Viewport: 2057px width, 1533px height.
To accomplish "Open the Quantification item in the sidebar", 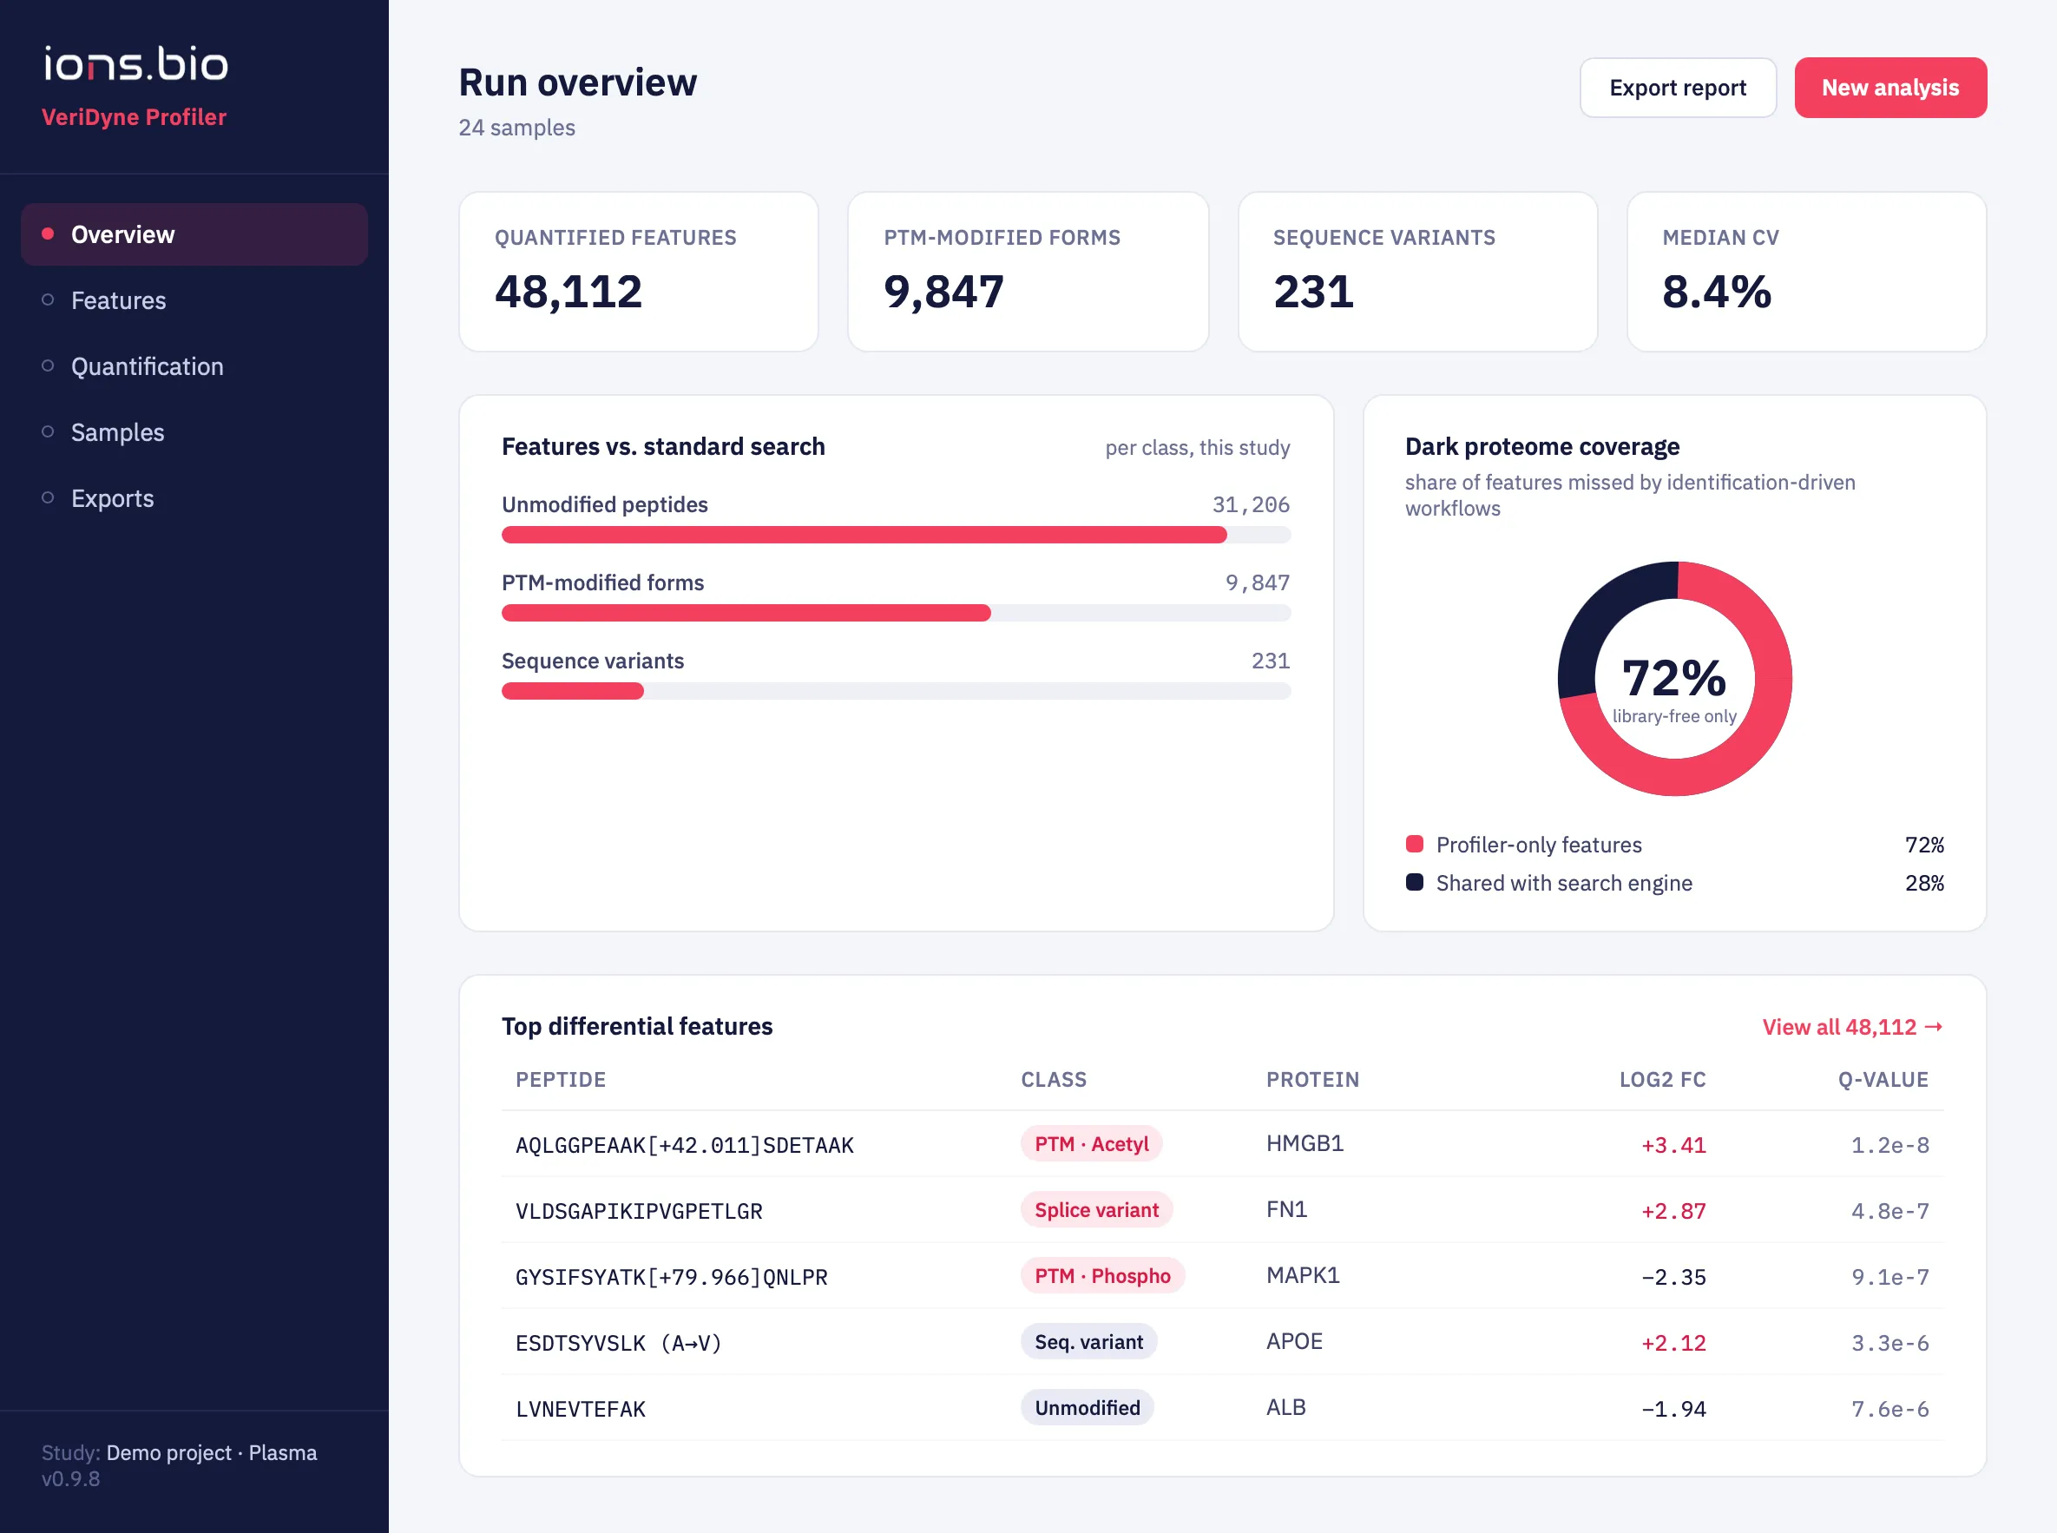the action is coord(147,366).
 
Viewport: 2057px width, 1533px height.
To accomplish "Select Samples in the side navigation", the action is coord(117,432).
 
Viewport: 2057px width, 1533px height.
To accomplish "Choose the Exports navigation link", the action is coord(112,498).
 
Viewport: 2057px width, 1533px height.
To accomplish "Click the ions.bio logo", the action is coord(135,63).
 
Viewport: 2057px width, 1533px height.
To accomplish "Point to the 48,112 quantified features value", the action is coord(568,292).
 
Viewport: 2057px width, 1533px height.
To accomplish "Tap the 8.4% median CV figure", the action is coord(1717,292).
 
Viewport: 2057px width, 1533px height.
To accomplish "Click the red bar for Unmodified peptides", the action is coord(864,535).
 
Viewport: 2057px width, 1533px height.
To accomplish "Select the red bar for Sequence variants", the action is coord(573,690).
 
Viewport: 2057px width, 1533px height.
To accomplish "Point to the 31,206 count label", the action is coord(1251,505).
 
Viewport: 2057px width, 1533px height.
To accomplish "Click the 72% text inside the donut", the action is coord(1673,677).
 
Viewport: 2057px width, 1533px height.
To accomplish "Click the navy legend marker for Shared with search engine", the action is coord(1414,883).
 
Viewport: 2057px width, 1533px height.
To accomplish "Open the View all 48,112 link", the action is coord(1852,1027).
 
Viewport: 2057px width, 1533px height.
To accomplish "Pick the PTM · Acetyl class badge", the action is coord(1091,1144).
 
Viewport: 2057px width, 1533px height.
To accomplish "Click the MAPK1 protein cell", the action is coord(1303,1276).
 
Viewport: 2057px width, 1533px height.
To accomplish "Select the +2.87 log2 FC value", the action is coord(1673,1211).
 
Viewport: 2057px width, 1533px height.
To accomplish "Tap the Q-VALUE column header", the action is coord(1883,1080).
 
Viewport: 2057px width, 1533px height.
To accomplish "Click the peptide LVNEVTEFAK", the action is coord(580,1409).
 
